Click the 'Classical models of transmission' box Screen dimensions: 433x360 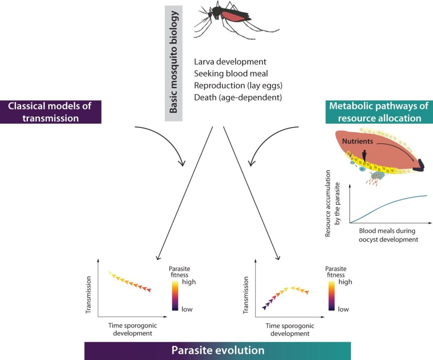pyautogui.click(x=51, y=112)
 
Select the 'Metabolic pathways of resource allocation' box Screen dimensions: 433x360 pyautogui.click(x=379, y=112)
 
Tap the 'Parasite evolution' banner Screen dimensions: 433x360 pyautogui.click(x=218, y=351)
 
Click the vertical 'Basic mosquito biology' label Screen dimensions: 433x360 pyautogui.click(x=173, y=62)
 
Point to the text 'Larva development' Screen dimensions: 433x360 pyautogui.click(x=230, y=62)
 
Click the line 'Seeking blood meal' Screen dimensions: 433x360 pyautogui.click(x=231, y=74)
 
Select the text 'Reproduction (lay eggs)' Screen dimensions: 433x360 pyautogui.click(x=238, y=85)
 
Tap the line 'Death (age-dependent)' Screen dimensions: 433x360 pyautogui.click(x=238, y=97)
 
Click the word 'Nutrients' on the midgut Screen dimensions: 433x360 pyautogui.click(x=357, y=141)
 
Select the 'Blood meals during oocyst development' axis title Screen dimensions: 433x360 pyautogui.click(x=388, y=235)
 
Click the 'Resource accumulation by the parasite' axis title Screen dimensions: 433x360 pyautogui.click(x=332, y=203)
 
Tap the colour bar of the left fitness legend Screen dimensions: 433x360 pyautogui.click(x=175, y=296)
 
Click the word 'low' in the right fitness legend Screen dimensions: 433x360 pyautogui.click(x=343, y=309)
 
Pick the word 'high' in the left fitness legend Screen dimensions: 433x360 pyautogui.click(x=189, y=282)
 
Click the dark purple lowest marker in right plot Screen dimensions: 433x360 pyautogui.click(x=264, y=307)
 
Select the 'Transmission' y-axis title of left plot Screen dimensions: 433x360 pyautogui.click(x=88, y=295)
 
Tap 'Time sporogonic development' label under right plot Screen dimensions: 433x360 pyautogui.click(x=290, y=330)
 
